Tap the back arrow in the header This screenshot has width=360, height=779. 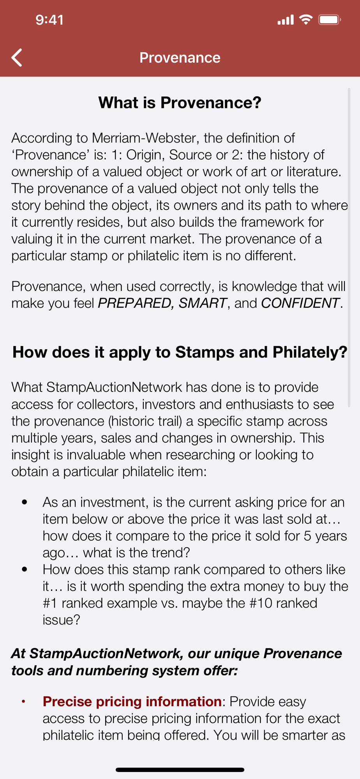17,58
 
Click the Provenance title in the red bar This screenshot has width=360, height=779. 180,58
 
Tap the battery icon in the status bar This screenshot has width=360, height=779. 330,19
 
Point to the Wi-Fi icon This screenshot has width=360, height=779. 306,19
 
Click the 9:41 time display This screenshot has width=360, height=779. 49,20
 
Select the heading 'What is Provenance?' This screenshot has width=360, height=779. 180,103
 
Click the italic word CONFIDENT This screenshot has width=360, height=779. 300,303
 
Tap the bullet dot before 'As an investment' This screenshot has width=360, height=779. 25,502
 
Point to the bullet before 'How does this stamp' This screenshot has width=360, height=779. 25,569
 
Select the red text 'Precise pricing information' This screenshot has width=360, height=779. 132,701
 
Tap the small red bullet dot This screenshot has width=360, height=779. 23,701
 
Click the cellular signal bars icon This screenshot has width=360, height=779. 286,20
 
